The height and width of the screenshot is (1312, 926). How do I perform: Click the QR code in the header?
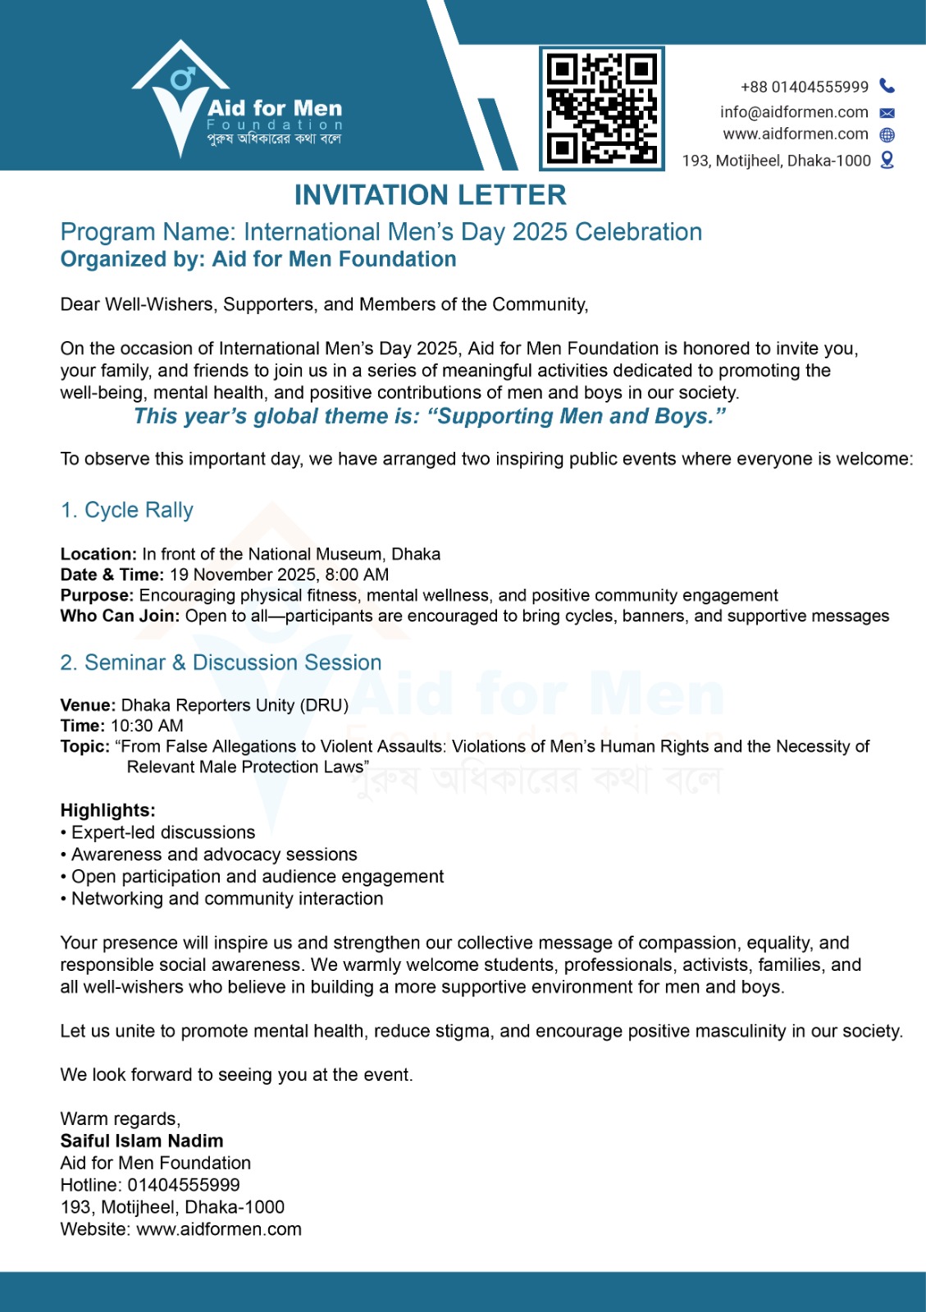point(602,108)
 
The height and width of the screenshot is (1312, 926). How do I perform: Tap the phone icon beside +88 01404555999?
point(887,86)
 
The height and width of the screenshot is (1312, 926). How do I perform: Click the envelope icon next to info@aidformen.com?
point(887,113)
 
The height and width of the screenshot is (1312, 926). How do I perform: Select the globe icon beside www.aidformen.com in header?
point(887,135)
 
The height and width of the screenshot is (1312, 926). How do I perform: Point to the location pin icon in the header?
point(887,160)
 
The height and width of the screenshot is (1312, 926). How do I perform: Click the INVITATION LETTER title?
point(430,195)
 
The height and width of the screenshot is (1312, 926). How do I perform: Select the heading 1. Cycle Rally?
point(127,510)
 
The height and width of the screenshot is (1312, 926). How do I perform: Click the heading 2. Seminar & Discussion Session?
point(221,663)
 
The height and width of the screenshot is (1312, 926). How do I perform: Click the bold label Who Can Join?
point(120,616)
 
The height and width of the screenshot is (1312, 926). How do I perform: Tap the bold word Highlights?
point(107,810)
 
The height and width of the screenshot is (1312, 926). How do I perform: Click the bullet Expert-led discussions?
point(163,832)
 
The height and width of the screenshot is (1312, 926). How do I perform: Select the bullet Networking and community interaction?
point(227,899)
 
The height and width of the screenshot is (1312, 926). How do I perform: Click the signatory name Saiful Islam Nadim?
point(142,1141)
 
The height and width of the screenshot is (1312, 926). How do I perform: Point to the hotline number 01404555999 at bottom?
point(184,1185)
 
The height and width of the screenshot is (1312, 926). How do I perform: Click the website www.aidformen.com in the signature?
point(219,1229)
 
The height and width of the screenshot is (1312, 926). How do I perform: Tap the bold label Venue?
point(88,705)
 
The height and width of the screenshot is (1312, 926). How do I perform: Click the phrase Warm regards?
point(121,1118)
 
